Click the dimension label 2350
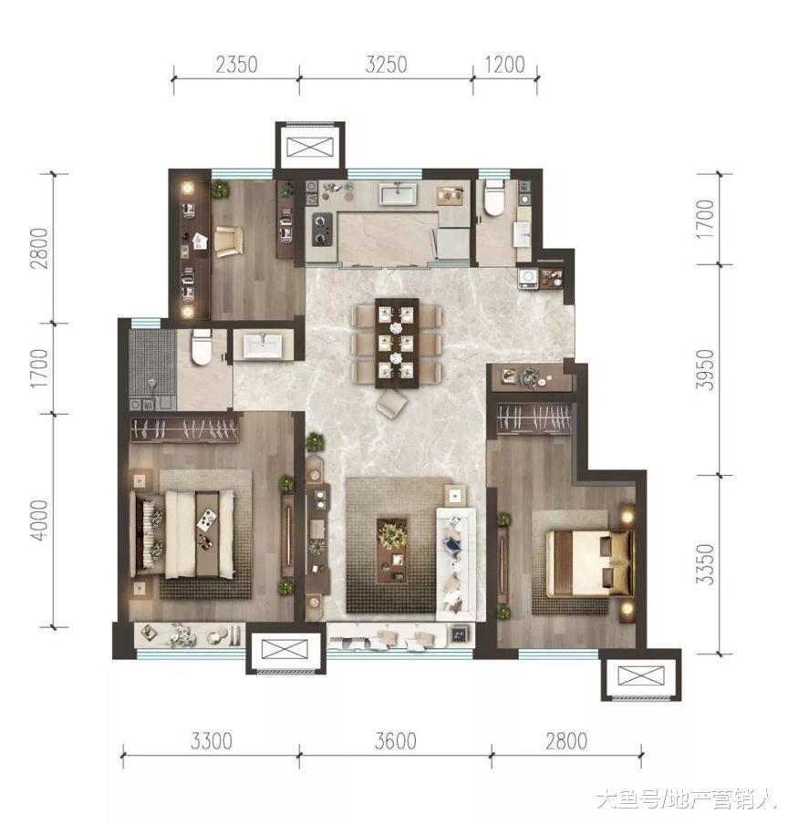pos(236,65)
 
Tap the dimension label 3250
pos(387,65)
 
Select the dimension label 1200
pos(504,65)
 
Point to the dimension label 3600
pos(396,741)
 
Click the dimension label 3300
pos(212,741)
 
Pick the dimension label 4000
pos(40,520)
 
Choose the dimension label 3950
pos(705,369)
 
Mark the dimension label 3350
pos(705,564)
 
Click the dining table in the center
pos(397,343)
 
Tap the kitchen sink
pos(398,193)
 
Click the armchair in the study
pos(229,242)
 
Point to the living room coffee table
pos(392,551)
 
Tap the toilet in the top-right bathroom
pos(494,198)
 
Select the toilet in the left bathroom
pos(202,347)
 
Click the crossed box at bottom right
pos(641,675)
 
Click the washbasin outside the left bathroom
pos(263,346)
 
